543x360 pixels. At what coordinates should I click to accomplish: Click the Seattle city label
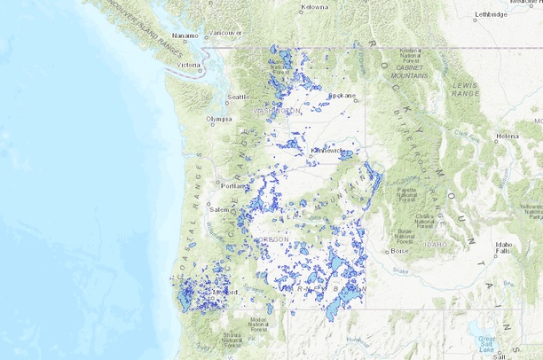238,97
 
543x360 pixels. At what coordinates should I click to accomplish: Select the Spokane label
342,95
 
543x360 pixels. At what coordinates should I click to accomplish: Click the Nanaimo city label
185,36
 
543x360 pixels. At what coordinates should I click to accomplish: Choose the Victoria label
189,65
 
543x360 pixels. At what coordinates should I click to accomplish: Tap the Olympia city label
219,118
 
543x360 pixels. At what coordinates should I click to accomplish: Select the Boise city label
400,251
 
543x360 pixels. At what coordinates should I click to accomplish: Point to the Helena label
508,137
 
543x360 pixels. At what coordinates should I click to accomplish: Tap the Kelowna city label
314,7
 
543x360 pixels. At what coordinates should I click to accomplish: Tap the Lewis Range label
465,89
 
